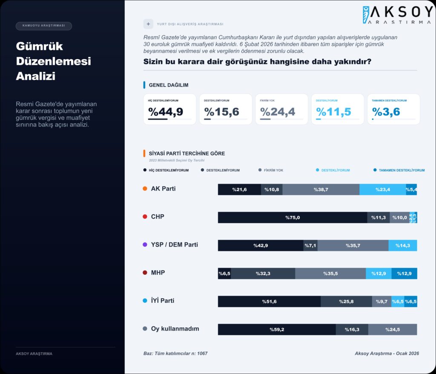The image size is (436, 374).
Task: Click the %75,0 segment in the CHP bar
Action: pyautogui.click(x=293, y=218)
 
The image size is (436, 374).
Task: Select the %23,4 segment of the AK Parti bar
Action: pyautogui.click(x=383, y=190)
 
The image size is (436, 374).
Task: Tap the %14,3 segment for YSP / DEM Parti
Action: pyautogui.click(x=402, y=245)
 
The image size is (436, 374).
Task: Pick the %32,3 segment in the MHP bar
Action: pyautogui.click(x=263, y=273)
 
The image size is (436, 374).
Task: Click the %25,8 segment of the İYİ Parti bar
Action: pyautogui.click(x=346, y=302)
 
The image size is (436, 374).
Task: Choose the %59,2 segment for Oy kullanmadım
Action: pyautogui.click(x=277, y=329)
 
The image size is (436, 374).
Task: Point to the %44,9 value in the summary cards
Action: pyautogui.click(x=166, y=112)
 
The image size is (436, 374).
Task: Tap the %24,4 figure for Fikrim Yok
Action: pyautogui.click(x=278, y=112)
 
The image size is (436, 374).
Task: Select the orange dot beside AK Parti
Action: pyautogui.click(x=145, y=189)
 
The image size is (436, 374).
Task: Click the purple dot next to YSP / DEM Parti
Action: pyautogui.click(x=145, y=245)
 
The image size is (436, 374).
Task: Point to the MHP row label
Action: pyautogui.click(x=158, y=273)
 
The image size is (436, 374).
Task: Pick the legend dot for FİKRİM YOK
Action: pyautogui.click(x=260, y=170)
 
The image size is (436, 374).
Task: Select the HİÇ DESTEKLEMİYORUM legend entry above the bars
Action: pyautogui.click(x=166, y=170)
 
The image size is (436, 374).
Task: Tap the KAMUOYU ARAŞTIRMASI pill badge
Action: pyautogui.click(x=44, y=26)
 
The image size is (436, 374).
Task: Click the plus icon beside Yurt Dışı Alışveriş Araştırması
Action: pyautogui.click(x=148, y=24)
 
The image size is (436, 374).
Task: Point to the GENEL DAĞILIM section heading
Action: pyautogui.click(x=169, y=85)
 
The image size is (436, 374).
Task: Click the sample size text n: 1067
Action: pyautogui.click(x=198, y=354)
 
